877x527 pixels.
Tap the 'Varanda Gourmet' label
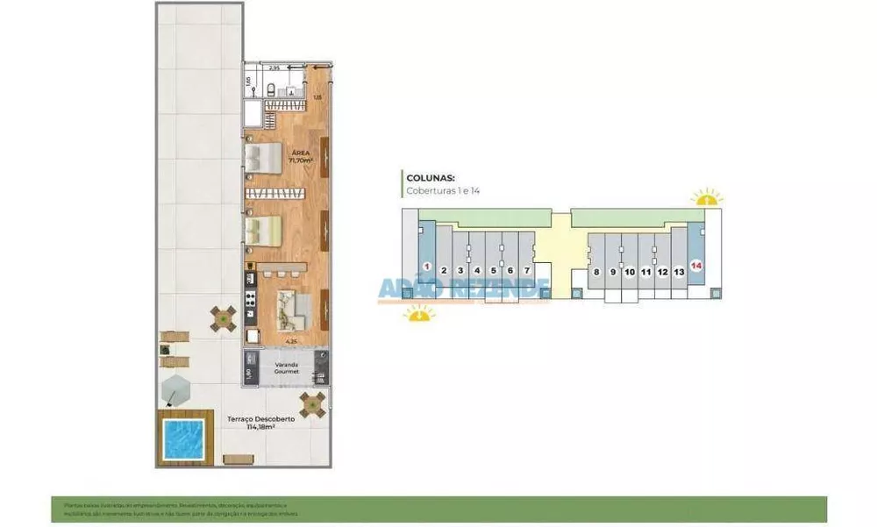point(287,368)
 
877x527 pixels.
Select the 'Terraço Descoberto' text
point(260,423)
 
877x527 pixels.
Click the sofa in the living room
point(292,306)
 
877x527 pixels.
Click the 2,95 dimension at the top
point(275,68)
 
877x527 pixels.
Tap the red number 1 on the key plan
point(426,266)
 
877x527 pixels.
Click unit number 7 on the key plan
point(526,271)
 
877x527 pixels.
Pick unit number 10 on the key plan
point(629,272)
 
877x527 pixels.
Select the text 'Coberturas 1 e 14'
point(443,190)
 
